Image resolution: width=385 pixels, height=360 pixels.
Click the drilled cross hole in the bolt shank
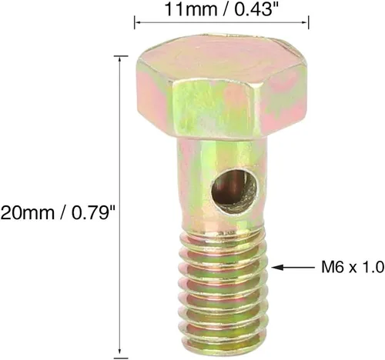pyautogui.click(x=234, y=191)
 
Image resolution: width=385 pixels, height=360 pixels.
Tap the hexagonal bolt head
pyautogui.click(x=222, y=86)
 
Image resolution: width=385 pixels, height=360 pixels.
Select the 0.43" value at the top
pyautogui.click(x=253, y=9)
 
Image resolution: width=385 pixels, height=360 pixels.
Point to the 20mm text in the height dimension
pyautogui.click(x=28, y=213)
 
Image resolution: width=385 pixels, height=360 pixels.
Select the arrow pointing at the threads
pyautogui.click(x=293, y=268)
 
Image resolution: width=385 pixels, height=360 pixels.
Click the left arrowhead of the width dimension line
pyautogui.click(x=138, y=22)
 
